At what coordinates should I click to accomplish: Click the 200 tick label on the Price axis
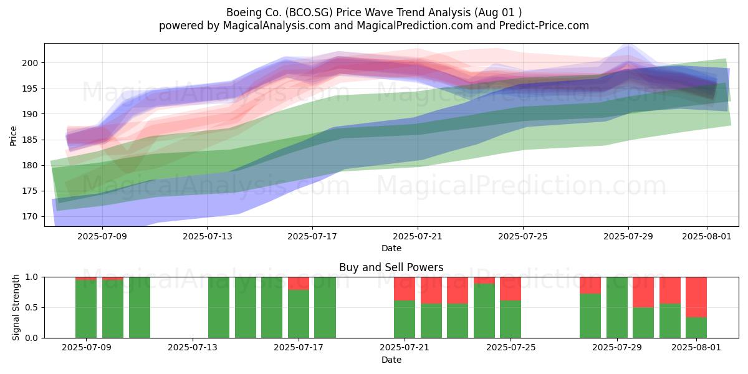coord(30,63)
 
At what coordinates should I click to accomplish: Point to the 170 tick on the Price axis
coord(30,217)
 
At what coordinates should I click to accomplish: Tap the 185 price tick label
coord(30,140)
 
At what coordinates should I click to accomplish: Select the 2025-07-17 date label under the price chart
coord(312,236)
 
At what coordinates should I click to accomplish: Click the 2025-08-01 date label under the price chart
coord(707,236)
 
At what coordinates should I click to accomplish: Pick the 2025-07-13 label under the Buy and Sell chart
coord(193,348)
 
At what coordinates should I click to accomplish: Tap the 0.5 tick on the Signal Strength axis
coord(32,307)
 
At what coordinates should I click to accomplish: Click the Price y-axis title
coord(13,136)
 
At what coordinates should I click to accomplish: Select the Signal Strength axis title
coord(16,307)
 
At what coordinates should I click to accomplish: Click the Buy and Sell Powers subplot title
coord(391,267)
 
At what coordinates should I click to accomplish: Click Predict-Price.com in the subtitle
coord(544,26)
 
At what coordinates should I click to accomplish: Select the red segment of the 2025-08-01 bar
coord(696,297)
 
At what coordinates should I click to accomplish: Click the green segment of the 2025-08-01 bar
coord(696,328)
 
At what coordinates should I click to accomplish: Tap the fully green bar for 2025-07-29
coord(617,307)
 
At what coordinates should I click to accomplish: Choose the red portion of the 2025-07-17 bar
coord(299,284)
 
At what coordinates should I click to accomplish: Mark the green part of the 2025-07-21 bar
coord(405,319)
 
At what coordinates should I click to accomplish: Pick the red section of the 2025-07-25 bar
coord(511,289)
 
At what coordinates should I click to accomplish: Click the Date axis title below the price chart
coord(391,249)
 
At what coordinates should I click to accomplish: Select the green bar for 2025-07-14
coord(219,307)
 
